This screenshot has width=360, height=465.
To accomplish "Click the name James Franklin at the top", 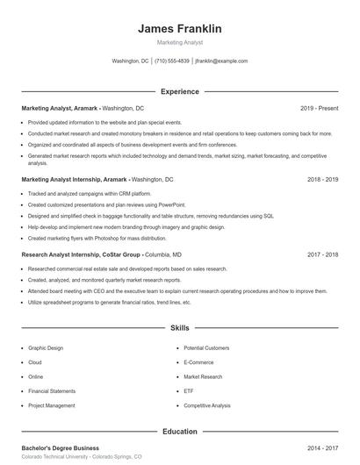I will pyautogui.click(x=179, y=28).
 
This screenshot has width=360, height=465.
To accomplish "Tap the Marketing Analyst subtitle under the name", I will pyautogui.click(x=179, y=42).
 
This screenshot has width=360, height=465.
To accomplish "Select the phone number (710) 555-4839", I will pyautogui.click(x=172, y=61).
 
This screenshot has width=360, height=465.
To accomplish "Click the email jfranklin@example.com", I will pyautogui.click(x=221, y=61).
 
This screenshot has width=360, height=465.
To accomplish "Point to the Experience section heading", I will pyautogui.click(x=179, y=91).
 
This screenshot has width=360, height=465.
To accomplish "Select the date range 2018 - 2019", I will pyautogui.click(x=322, y=179).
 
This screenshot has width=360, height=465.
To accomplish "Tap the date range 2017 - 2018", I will pyautogui.click(x=322, y=254).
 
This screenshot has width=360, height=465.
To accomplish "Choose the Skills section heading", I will pyautogui.click(x=179, y=328).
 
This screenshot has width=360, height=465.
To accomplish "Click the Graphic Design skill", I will pyautogui.click(x=46, y=348).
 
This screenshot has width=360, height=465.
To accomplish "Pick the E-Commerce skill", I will pyautogui.click(x=198, y=362).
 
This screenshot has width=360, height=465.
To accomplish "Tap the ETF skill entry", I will pyautogui.click(x=189, y=391).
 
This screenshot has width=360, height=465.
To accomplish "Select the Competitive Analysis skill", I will pyautogui.click(x=207, y=406).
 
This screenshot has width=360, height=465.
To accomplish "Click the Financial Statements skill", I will pyautogui.click(x=52, y=391).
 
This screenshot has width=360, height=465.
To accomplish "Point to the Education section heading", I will pyautogui.click(x=179, y=432).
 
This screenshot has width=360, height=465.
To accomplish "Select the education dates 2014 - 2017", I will pyautogui.click(x=322, y=447).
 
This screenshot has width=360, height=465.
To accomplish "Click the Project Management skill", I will pyautogui.click(x=51, y=406).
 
